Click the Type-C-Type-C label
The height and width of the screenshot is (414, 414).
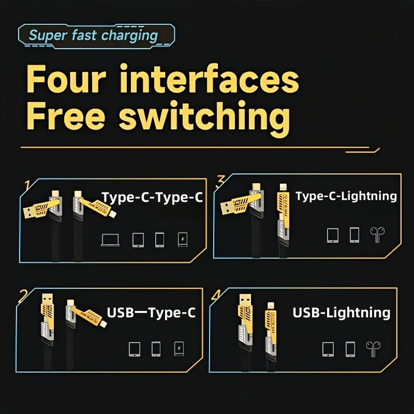tap(152, 198)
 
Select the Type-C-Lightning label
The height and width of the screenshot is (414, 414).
tap(346, 196)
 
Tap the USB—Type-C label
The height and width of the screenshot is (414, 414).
tap(151, 313)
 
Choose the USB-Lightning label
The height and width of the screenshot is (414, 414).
tap(342, 313)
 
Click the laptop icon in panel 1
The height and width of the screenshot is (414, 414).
tap(110, 240)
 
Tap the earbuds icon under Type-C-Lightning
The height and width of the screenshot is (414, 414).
tap(376, 235)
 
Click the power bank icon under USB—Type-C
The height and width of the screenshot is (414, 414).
tap(179, 349)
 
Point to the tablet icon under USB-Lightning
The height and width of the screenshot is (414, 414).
tap(328, 349)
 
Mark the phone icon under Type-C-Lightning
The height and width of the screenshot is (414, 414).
tap(354, 235)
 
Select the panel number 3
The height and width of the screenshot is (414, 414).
tap(221, 181)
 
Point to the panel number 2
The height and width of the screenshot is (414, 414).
tap(23, 296)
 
